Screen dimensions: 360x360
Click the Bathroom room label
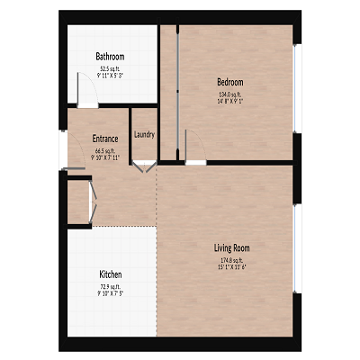point(111,56)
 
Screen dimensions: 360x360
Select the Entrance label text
point(105,139)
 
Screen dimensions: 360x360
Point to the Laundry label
point(144,135)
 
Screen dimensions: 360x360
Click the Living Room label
point(231,247)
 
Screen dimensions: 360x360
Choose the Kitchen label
point(111,274)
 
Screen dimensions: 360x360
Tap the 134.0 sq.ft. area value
point(230,94)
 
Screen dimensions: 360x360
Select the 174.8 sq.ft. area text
point(231,259)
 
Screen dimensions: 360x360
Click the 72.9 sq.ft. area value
point(110,286)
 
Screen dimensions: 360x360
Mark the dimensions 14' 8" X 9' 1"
point(230,102)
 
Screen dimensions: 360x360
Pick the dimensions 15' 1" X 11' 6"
point(231,267)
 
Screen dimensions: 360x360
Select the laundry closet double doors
point(143,166)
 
